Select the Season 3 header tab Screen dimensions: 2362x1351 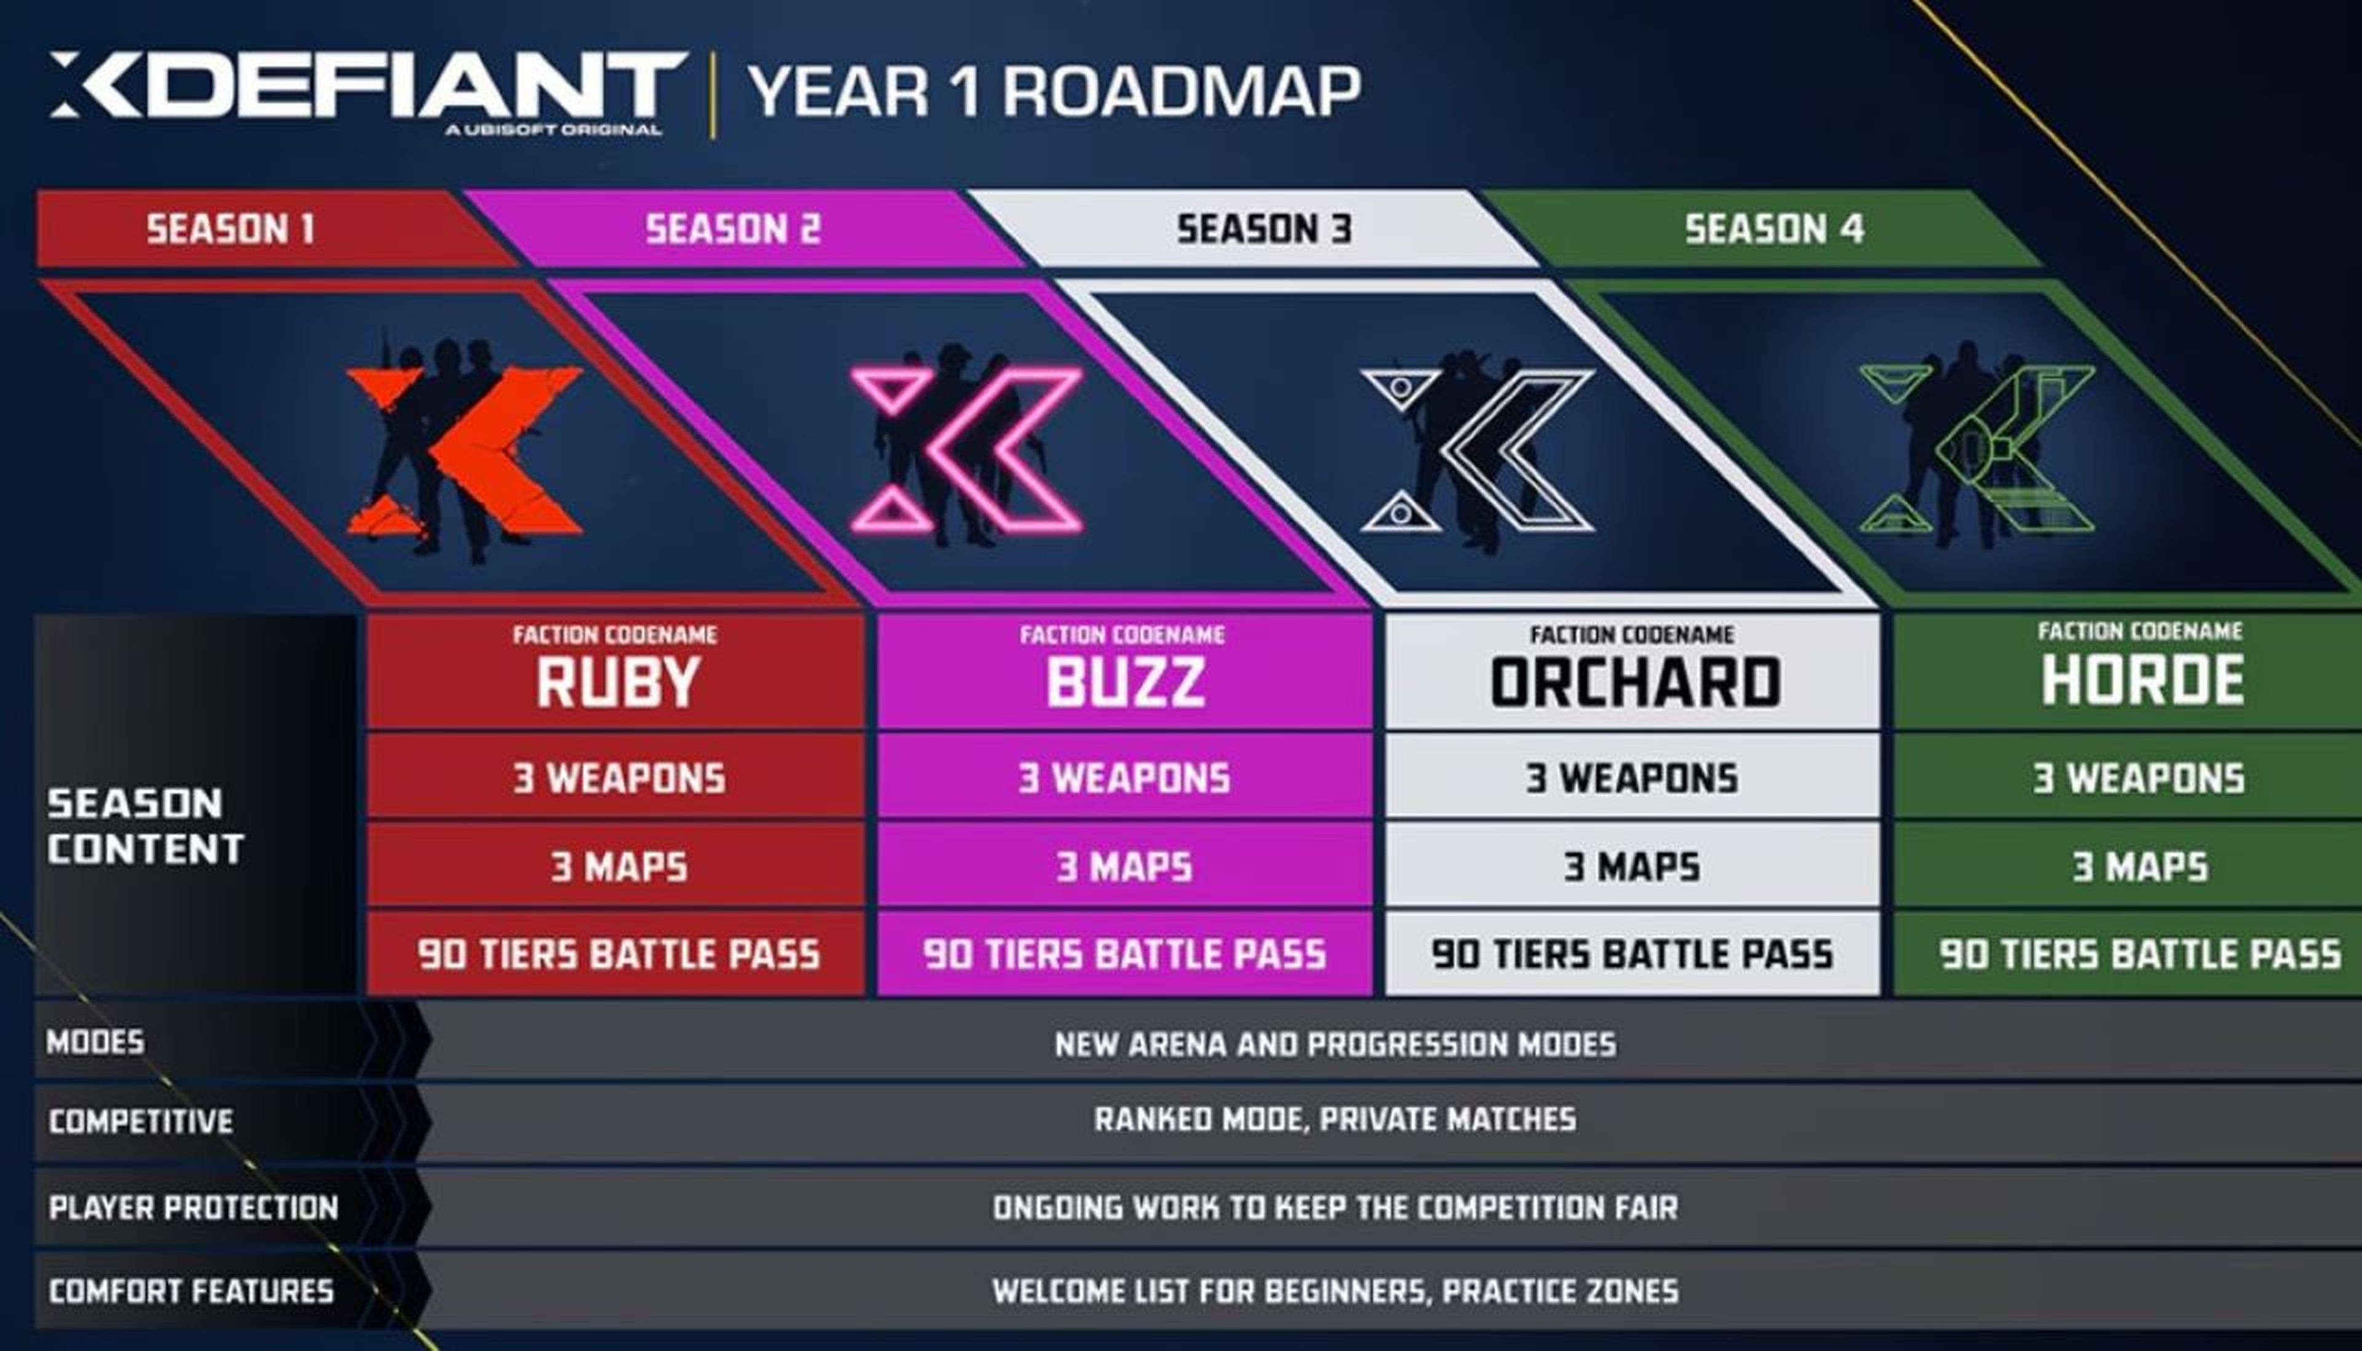pos(1252,228)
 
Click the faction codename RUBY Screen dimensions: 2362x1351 pos(617,683)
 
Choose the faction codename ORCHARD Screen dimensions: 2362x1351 pos(1635,683)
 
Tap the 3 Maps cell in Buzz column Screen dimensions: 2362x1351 pos(1124,866)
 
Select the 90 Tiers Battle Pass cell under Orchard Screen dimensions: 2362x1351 pos(1633,954)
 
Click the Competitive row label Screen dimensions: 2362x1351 pos(141,1121)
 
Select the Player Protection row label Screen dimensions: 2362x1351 pos(193,1207)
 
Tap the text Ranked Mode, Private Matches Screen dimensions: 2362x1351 pos(1335,1119)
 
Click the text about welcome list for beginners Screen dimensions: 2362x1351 pos(1335,1291)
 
